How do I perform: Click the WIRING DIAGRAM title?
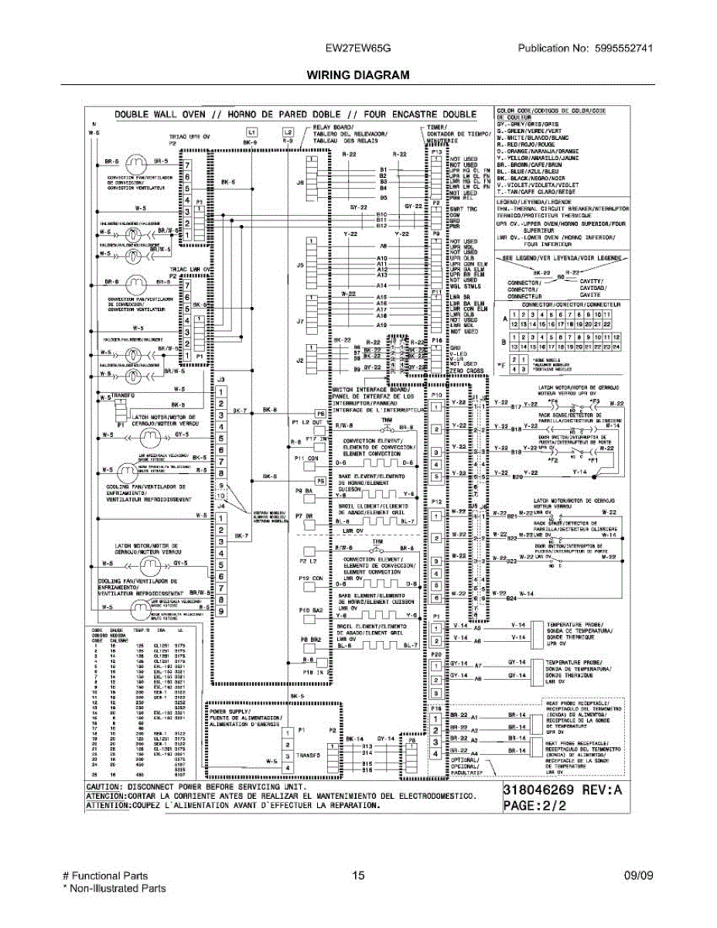click(x=357, y=75)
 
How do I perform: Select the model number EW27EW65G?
click(x=357, y=47)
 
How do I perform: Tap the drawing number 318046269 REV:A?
click(x=562, y=790)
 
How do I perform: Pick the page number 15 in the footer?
click(x=357, y=876)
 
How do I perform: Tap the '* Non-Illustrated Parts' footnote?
click(x=114, y=889)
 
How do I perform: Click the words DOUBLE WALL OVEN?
click(x=161, y=115)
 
